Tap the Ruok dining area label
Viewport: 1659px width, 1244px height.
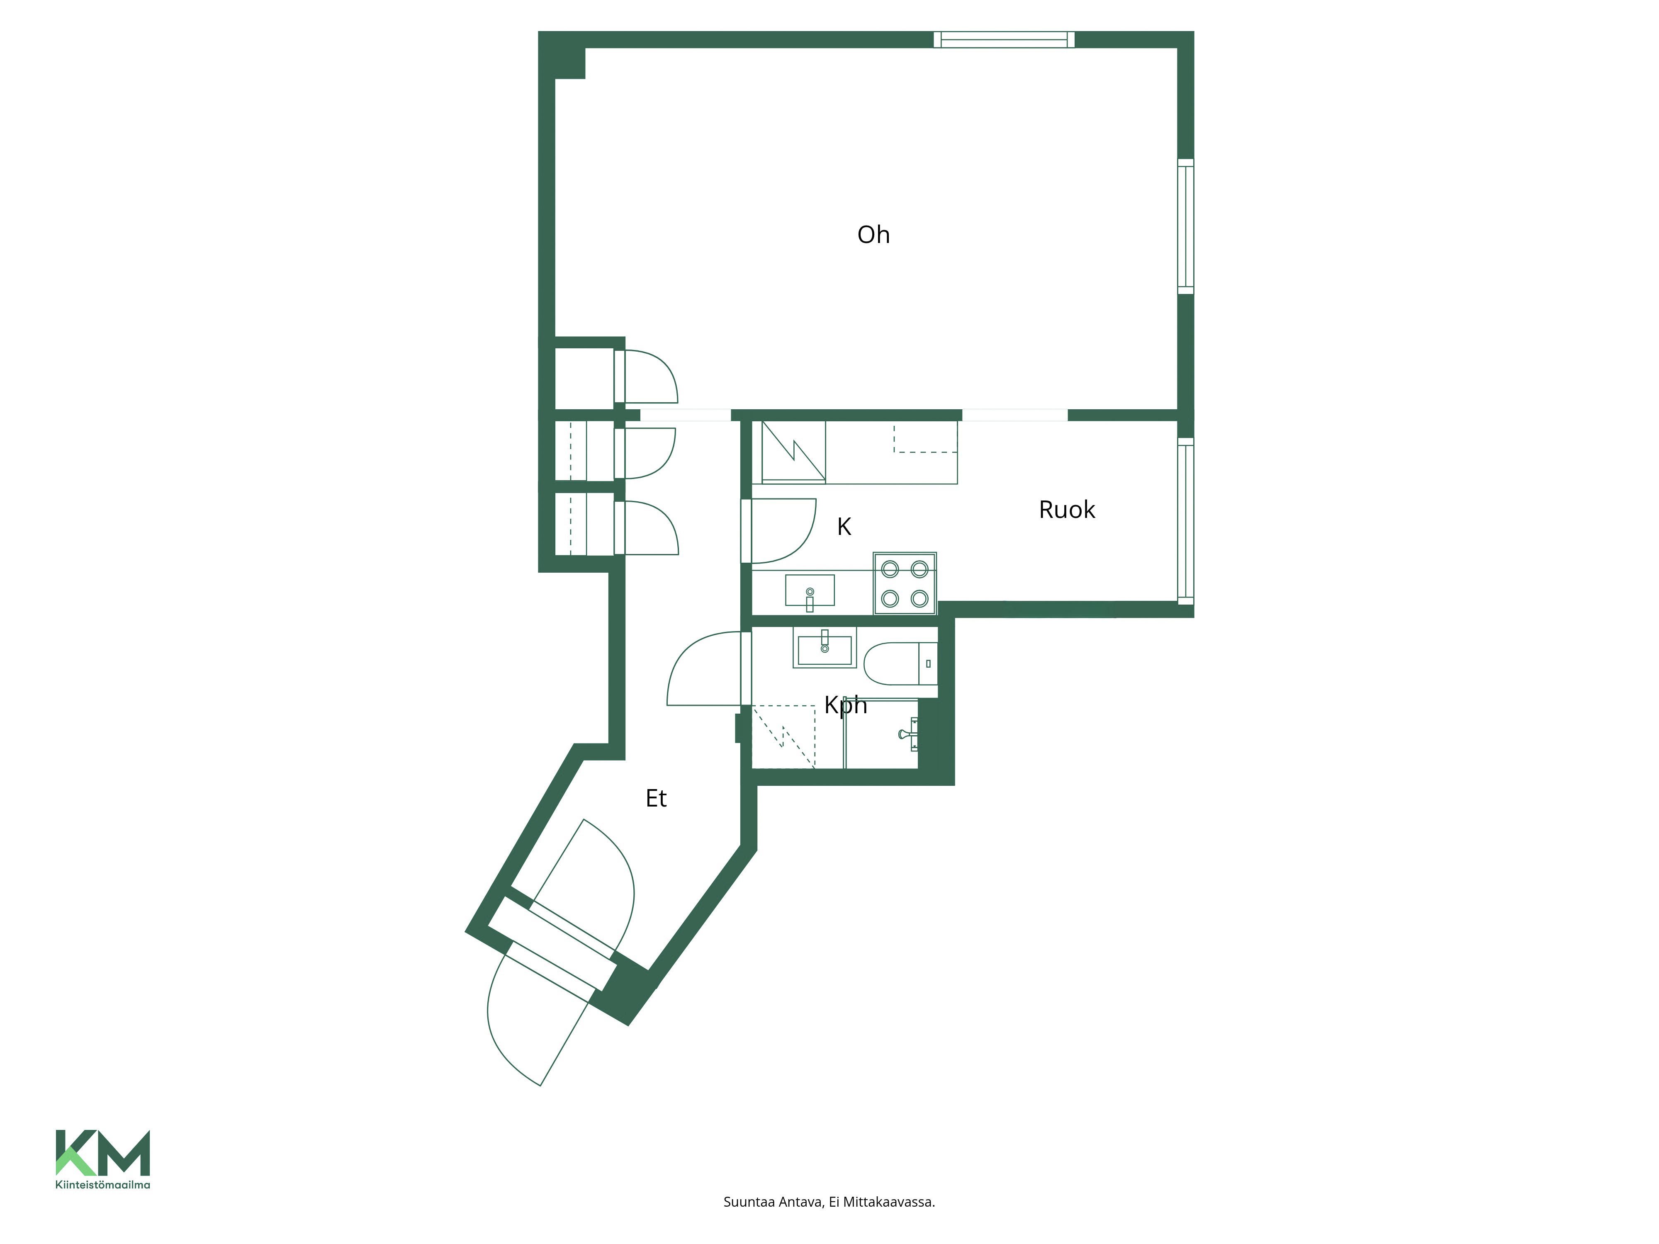coord(1066,510)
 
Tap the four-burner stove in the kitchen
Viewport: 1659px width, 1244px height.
coord(905,583)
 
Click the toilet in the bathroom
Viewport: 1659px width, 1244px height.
coord(900,663)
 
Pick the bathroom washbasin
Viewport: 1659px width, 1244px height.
coord(824,647)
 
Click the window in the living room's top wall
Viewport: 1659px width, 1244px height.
coord(1004,40)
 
